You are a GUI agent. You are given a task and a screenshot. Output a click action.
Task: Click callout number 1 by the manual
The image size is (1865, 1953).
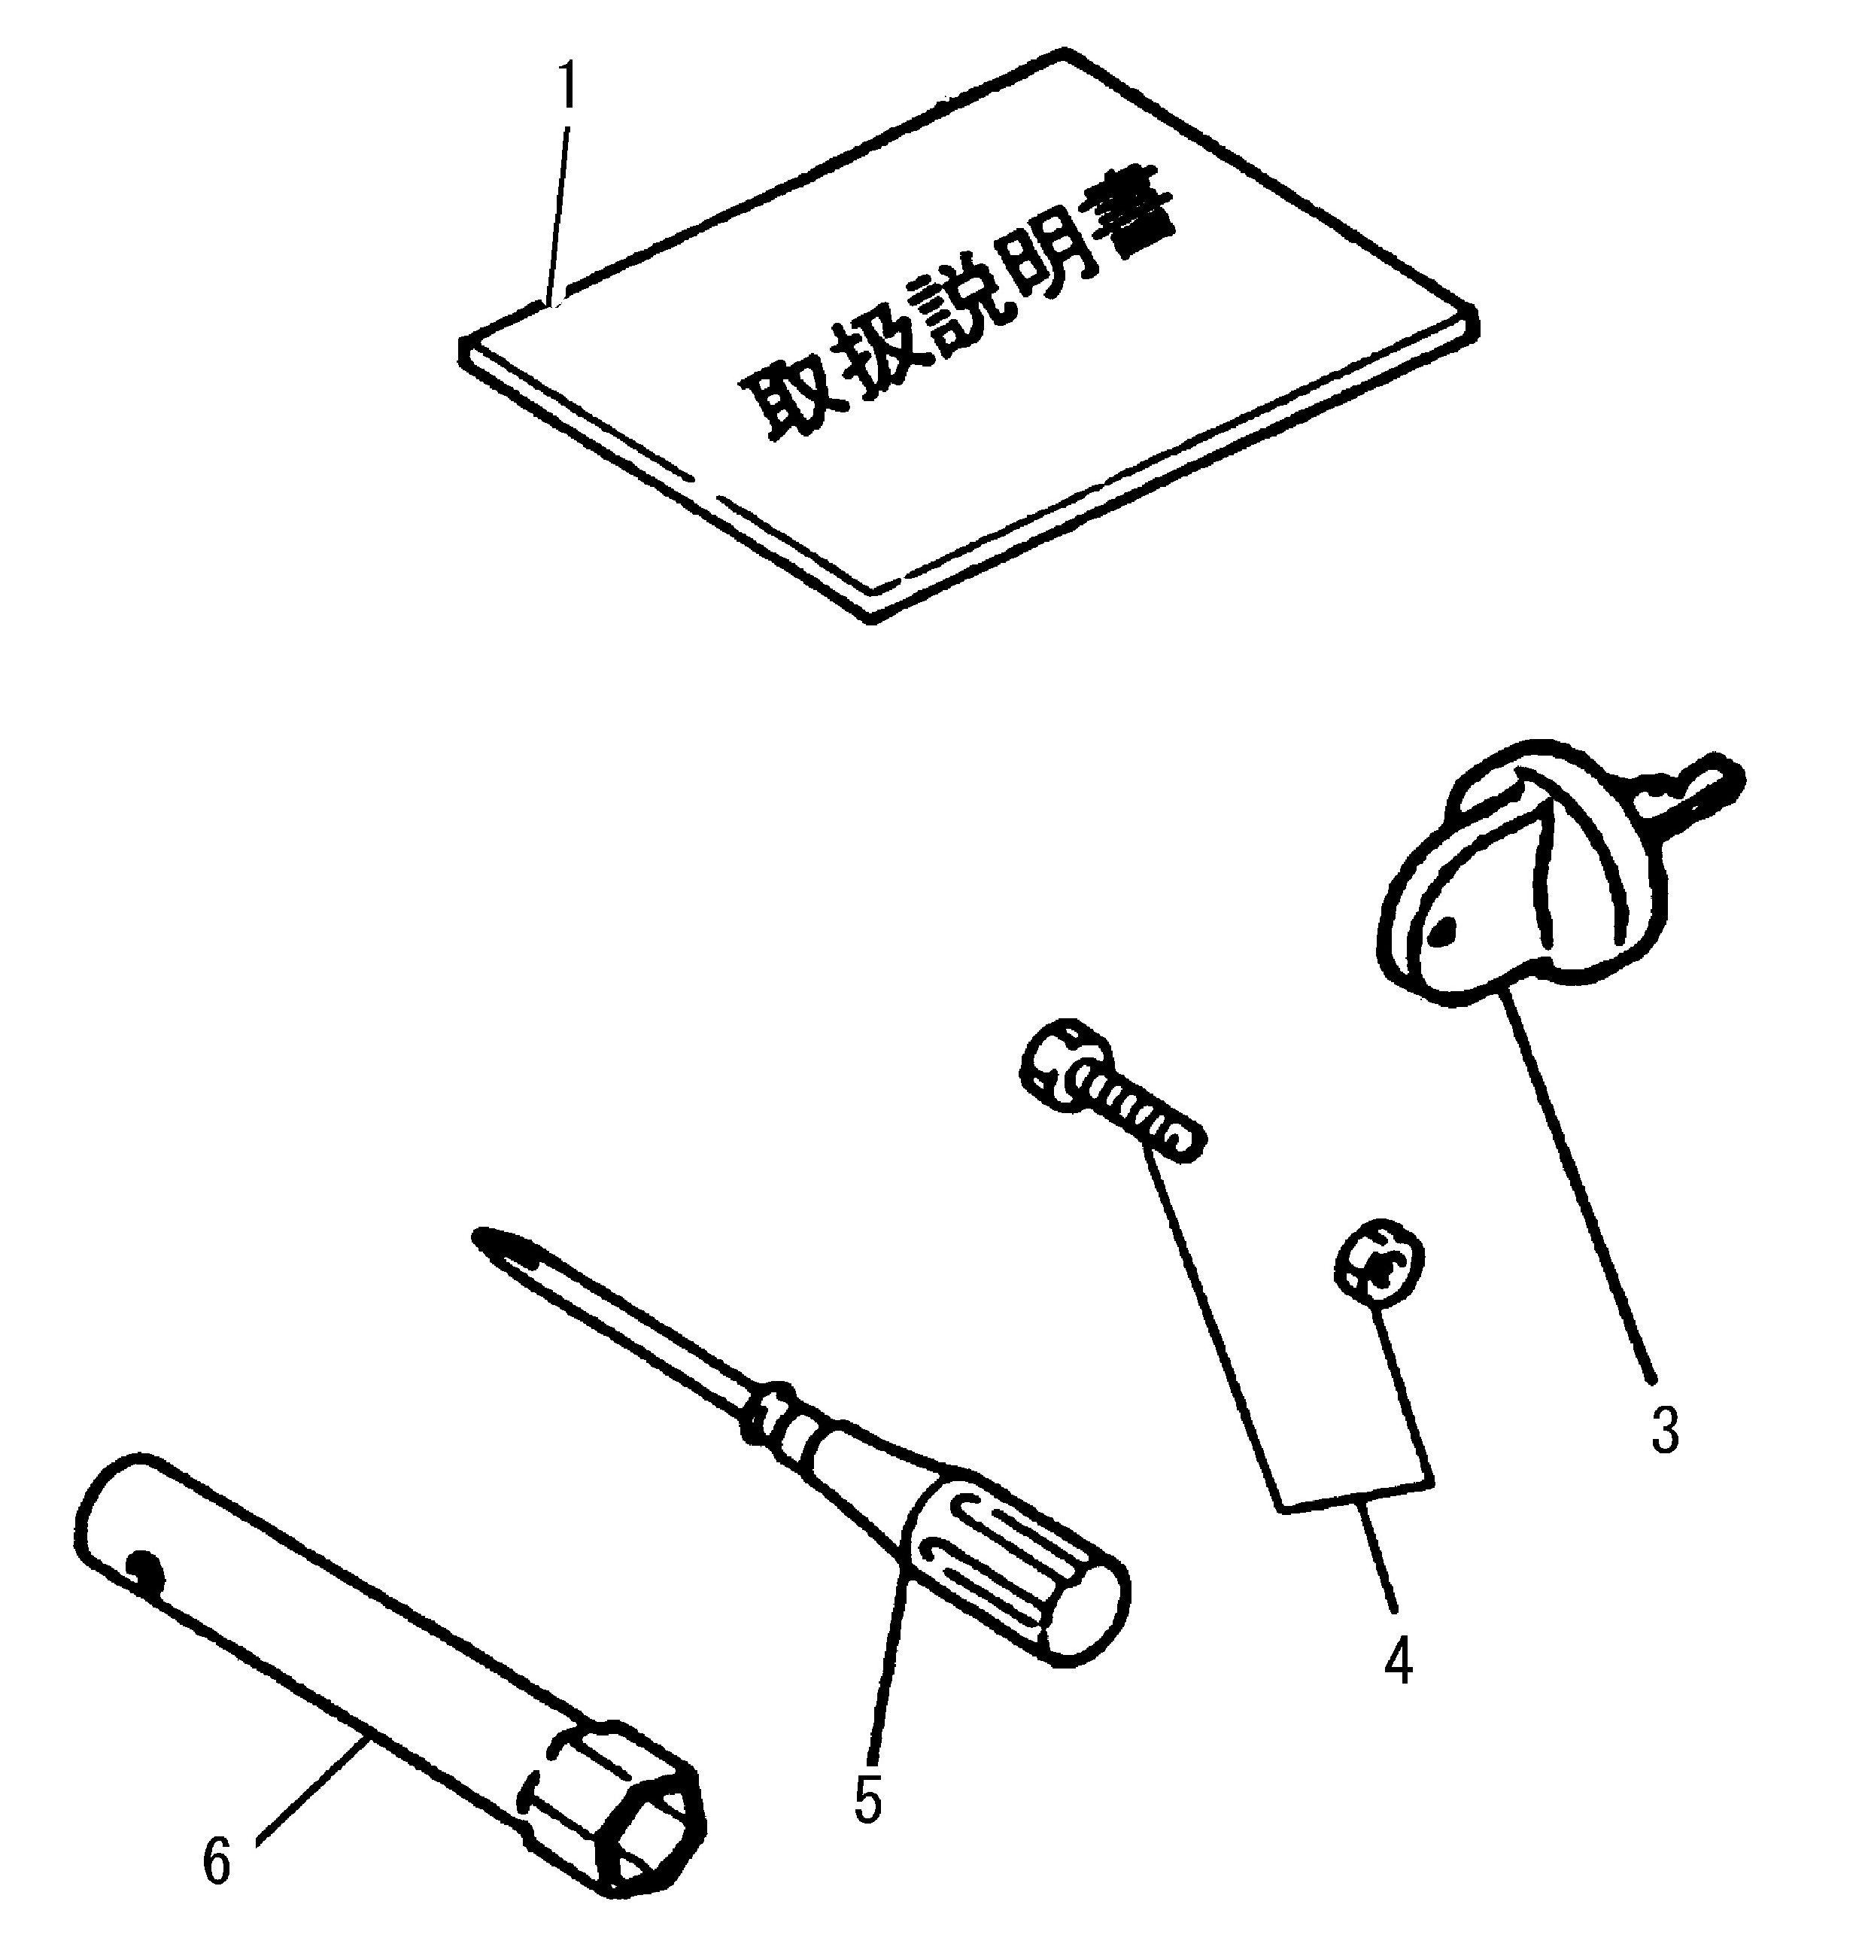pos(568,87)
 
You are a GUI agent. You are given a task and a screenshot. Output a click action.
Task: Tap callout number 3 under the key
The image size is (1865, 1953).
pos(1664,1430)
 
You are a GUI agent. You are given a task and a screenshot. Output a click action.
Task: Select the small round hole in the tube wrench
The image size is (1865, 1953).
pos(145,1568)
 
